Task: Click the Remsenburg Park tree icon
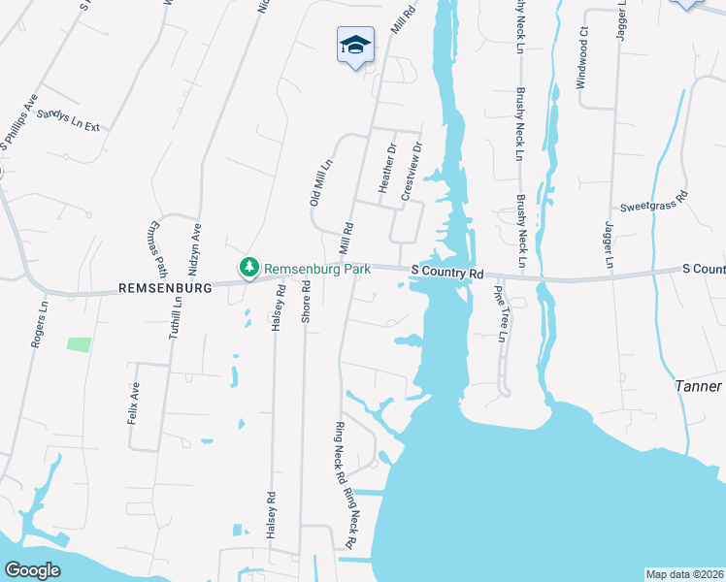[x=249, y=267]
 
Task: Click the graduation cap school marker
[x=355, y=45]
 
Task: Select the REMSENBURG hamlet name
[x=164, y=288]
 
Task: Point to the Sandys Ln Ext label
[x=68, y=120]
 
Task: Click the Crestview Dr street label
[x=412, y=174]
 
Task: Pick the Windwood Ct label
[x=583, y=65]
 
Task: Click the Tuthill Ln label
[x=176, y=314]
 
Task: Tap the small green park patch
[x=80, y=343]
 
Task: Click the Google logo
[x=31, y=569]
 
